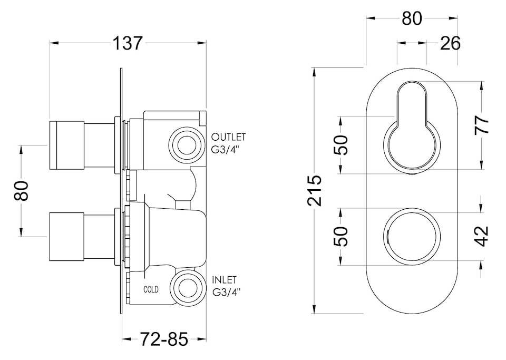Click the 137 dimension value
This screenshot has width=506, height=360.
[128, 43]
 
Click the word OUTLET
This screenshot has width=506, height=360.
[228, 137]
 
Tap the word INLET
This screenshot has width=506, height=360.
[224, 280]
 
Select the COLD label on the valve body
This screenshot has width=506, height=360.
[151, 289]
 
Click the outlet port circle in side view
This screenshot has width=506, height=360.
[186, 142]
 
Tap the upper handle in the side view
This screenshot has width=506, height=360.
[67, 145]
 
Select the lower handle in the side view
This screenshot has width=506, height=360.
[67, 236]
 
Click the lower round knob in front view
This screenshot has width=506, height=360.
[412, 236]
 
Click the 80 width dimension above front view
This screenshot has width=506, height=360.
[412, 18]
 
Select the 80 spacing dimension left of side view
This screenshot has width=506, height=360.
[21, 191]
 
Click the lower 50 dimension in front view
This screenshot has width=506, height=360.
[342, 236]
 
